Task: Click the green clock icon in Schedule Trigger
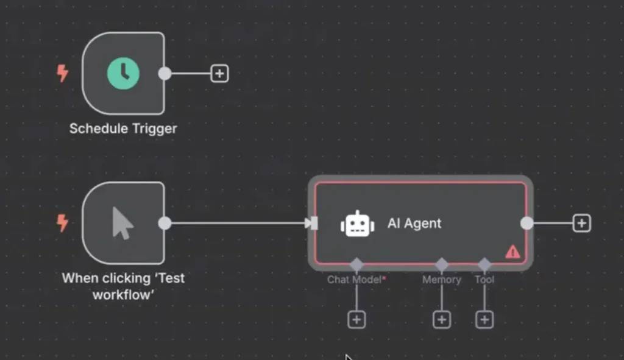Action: click(x=123, y=74)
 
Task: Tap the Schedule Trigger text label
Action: click(x=123, y=129)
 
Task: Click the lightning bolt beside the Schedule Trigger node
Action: click(x=62, y=74)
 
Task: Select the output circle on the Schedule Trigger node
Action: click(x=165, y=74)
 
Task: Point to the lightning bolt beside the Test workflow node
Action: click(x=62, y=223)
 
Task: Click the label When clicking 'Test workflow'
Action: click(x=123, y=286)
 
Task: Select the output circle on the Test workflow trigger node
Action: click(x=165, y=223)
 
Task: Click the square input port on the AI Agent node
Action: click(x=314, y=224)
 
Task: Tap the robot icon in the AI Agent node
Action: click(x=357, y=224)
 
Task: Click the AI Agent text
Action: click(x=414, y=224)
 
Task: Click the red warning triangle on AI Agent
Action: click(x=512, y=251)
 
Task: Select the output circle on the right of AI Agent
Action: click(x=527, y=224)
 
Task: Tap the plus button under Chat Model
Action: click(x=356, y=319)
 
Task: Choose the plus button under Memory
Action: click(x=442, y=319)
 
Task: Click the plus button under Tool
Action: click(x=484, y=319)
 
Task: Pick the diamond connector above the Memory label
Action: click(x=442, y=265)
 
